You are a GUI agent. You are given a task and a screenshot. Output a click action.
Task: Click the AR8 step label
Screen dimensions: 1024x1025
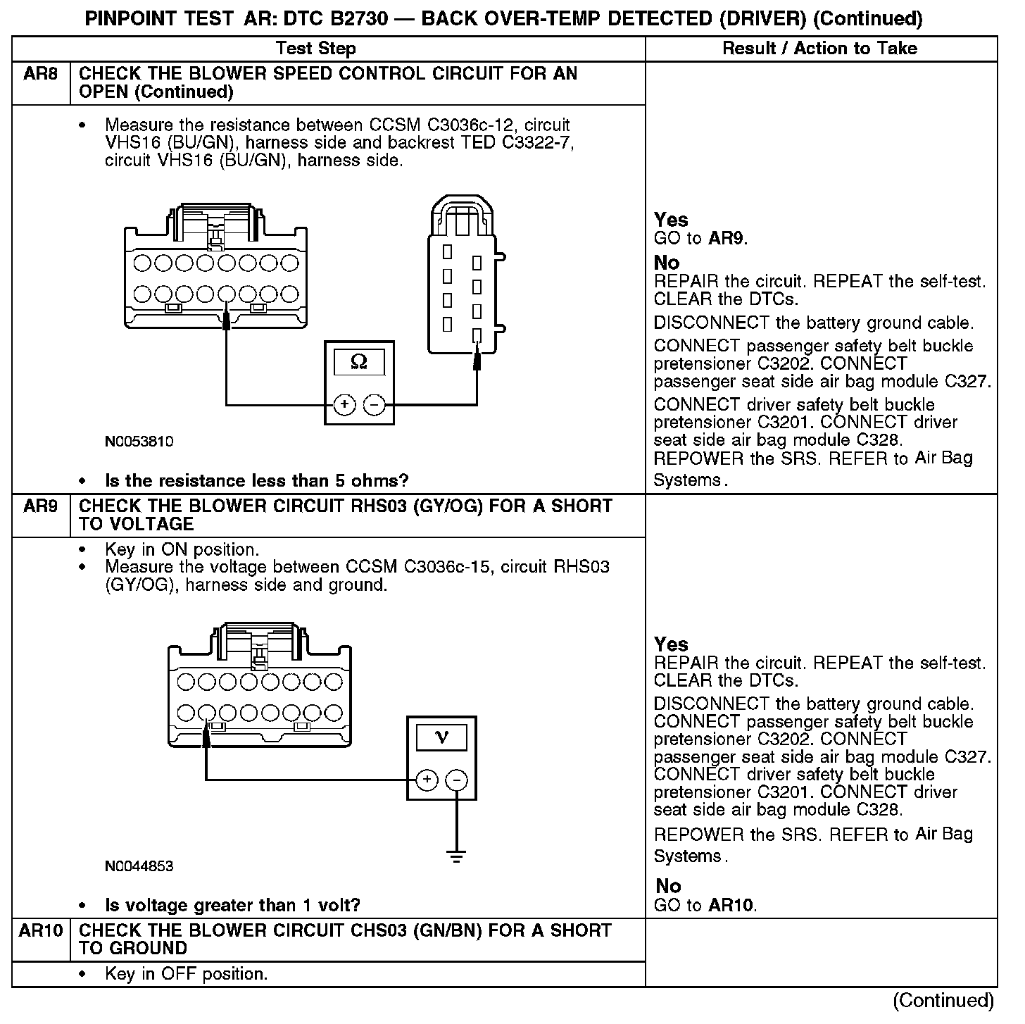pos(40,74)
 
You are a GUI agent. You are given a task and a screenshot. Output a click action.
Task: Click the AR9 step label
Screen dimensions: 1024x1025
pos(40,506)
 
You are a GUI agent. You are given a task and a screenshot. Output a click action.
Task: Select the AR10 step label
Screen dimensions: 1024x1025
pos(40,931)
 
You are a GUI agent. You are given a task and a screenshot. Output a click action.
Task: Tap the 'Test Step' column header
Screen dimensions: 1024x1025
pos(316,49)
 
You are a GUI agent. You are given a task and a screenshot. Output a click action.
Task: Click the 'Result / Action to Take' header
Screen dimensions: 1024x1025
pos(819,49)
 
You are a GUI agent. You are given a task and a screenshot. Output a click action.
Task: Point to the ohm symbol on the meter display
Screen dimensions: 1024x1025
pos(359,362)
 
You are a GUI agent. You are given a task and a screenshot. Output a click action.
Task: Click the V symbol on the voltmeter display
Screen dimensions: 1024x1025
pos(442,737)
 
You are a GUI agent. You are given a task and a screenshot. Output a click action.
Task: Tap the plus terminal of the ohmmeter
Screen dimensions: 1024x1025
pos(344,405)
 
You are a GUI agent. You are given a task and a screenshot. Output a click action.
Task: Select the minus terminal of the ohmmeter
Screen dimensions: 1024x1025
pos(375,405)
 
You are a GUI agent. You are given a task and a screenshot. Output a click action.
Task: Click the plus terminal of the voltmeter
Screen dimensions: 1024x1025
pos(427,780)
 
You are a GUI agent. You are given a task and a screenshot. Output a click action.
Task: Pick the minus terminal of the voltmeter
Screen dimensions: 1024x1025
pos(457,780)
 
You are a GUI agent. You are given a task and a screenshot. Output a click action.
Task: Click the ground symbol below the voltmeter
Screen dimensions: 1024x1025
pos(457,857)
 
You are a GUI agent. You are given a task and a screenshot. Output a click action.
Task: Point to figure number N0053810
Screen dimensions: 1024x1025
pos(139,442)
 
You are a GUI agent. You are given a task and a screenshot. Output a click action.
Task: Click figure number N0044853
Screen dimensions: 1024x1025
pos(139,866)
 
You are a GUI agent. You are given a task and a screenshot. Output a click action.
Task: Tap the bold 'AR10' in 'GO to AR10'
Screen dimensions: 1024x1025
pos(732,906)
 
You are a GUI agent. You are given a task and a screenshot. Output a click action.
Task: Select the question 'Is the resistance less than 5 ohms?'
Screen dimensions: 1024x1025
pos(256,481)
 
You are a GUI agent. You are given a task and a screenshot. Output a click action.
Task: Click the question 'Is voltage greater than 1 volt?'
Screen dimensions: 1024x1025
pos(232,905)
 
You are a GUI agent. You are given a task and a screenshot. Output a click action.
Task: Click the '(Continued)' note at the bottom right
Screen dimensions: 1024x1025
pos(943,1001)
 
